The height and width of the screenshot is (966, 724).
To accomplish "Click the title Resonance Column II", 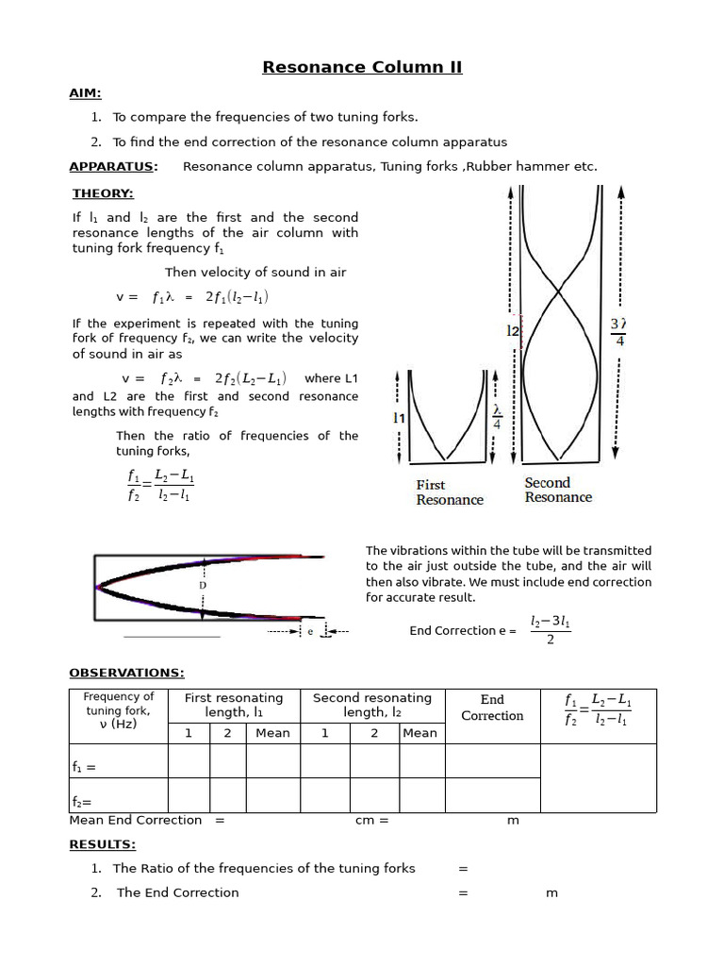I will click(362, 67).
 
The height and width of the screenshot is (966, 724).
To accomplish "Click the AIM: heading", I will click(85, 93).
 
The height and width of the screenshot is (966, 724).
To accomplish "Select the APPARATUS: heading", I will click(113, 167).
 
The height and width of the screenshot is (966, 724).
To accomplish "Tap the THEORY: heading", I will click(103, 193).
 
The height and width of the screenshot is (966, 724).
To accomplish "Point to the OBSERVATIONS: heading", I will click(126, 673).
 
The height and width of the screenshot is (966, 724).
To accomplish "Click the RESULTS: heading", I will click(102, 844).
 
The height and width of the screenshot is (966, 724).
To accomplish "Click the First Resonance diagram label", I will click(450, 492).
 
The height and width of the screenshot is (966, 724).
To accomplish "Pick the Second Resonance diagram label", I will click(558, 490).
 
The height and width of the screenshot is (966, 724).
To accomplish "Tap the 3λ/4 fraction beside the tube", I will click(619, 331).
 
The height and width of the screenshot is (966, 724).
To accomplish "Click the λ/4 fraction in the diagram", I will click(498, 418).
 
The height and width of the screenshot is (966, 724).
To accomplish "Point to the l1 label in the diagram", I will click(399, 416).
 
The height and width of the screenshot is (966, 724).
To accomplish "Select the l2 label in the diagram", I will click(513, 331).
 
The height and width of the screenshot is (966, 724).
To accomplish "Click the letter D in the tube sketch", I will click(202, 586).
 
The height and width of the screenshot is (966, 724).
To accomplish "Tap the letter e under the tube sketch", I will click(310, 631).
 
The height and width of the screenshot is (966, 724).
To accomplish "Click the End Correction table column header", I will click(492, 708).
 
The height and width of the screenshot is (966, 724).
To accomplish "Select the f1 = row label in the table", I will click(84, 768).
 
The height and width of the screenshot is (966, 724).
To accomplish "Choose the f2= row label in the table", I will click(82, 802).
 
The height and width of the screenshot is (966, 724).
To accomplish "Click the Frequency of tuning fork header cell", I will click(119, 710).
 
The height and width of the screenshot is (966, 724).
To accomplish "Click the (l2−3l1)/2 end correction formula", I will click(550, 631).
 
